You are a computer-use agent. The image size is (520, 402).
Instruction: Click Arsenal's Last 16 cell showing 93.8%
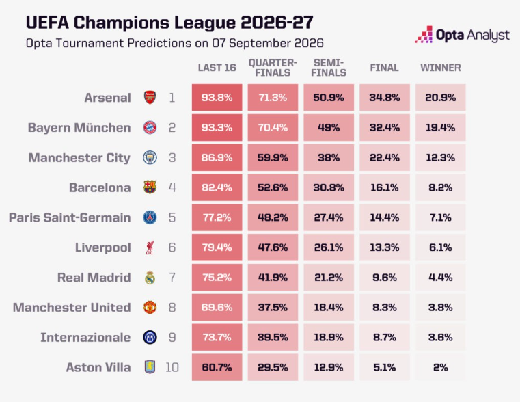tap(217, 98)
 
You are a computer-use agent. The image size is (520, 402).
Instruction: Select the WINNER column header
tap(441, 68)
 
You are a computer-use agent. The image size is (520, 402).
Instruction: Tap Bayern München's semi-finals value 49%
tap(329, 128)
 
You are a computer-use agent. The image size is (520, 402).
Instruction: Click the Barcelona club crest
tap(150, 187)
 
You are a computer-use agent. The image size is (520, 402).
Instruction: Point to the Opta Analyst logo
tap(462, 34)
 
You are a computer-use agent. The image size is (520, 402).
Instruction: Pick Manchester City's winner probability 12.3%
tap(441, 157)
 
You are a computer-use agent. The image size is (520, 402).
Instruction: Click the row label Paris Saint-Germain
tap(70, 217)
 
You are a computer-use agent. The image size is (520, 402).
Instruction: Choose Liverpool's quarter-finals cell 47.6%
tap(273, 247)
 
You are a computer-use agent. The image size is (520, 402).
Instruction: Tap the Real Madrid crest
tap(150, 278)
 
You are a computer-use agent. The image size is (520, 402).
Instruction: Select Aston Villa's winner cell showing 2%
tap(441, 367)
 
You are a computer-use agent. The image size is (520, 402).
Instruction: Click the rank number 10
tap(172, 367)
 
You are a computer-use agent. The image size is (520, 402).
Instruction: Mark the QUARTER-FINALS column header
tap(273, 68)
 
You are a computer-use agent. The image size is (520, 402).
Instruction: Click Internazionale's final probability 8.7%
tap(385, 337)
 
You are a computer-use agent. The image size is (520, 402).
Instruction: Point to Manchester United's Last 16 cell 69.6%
tap(217, 308)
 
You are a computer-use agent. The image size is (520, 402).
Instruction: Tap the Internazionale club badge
tap(150, 337)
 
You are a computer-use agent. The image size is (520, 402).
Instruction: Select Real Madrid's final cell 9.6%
tap(385, 278)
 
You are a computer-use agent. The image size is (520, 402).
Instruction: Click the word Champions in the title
tap(122, 23)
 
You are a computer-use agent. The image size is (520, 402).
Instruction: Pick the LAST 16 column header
tap(217, 68)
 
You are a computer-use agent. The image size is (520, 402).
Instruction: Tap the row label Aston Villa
tap(98, 367)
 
